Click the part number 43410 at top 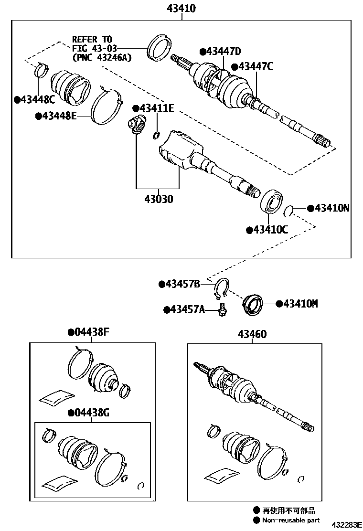click(x=181, y=9)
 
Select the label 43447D click(x=223, y=51)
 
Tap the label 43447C click(x=256, y=66)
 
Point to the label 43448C click(x=38, y=99)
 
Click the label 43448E click(x=59, y=115)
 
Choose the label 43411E click(x=156, y=108)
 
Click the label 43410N click(x=332, y=208)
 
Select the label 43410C click(x=270, y=230)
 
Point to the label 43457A click(x=187, y=309)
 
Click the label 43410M click(x=300, y=303)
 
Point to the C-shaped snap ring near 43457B click(x=221, y=287)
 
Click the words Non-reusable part click(x=291, y=520)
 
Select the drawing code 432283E click(x=346, y=525)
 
